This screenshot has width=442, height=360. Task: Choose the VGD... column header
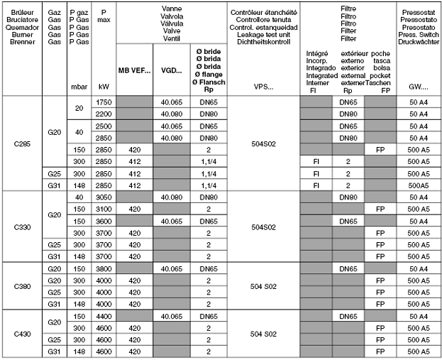(172, 71)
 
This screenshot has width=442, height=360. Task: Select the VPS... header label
(263, 87)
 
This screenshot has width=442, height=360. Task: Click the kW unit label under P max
(103, 87)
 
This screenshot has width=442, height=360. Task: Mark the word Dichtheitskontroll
(263, 41)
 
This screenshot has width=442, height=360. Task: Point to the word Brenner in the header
(21, 41)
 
